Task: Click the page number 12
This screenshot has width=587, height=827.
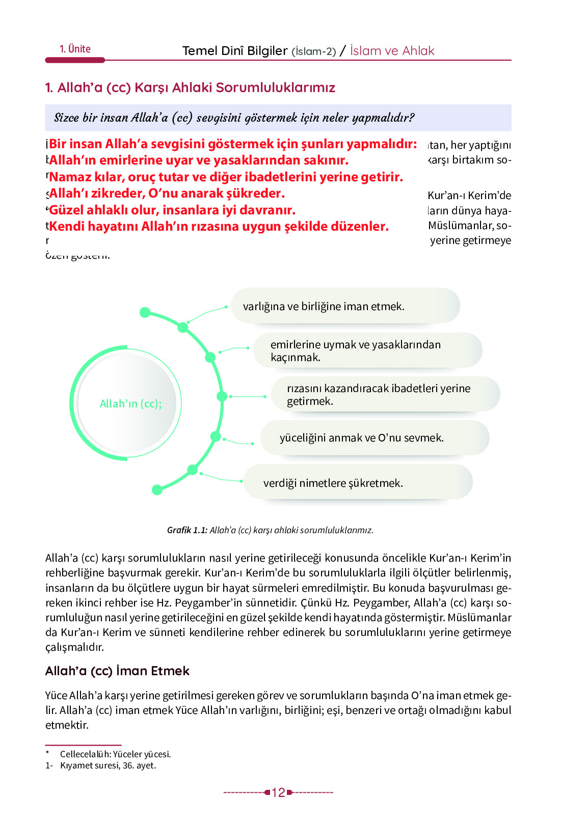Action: [278, 792]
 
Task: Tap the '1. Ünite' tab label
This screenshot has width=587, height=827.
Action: [75, 49]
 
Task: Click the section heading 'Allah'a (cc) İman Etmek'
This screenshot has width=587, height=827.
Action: [117, 671]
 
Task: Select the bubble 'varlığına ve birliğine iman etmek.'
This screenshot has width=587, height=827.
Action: [345, 306]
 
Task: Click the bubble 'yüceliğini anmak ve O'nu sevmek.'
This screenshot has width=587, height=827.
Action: [374, 438]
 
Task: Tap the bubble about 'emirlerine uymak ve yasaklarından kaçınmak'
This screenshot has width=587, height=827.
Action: [367, 350]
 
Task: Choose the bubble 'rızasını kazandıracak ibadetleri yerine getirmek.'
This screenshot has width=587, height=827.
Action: [385, 395]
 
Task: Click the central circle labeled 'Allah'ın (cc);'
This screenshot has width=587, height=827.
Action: [130, 404]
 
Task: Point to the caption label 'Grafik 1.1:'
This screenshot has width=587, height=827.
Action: [187, 530]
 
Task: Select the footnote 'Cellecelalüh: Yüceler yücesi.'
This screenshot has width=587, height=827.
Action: [115, 754]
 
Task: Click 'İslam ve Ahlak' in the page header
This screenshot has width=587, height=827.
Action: [392, 51]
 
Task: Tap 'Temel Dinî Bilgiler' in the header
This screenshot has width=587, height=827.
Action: [235, 51]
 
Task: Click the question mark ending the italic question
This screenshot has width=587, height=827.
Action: [411, 118]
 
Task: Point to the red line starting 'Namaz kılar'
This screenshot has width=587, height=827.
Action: [226, 177]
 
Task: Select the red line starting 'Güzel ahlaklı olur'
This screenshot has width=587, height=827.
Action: [172, 210]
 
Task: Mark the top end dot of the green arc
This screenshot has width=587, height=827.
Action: [145, 312]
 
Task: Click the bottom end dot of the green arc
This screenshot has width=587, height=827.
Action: [157, 490]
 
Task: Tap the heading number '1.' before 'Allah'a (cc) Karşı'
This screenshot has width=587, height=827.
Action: [49, 88]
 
